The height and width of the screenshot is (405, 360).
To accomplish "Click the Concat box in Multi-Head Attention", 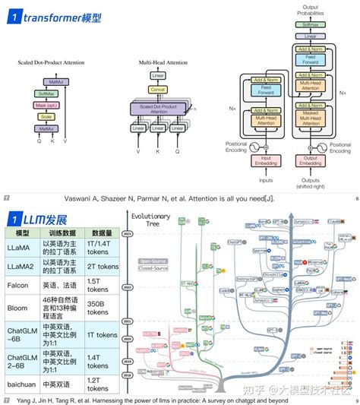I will tap(158, 89).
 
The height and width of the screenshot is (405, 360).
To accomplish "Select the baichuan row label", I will tap(23, 384).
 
